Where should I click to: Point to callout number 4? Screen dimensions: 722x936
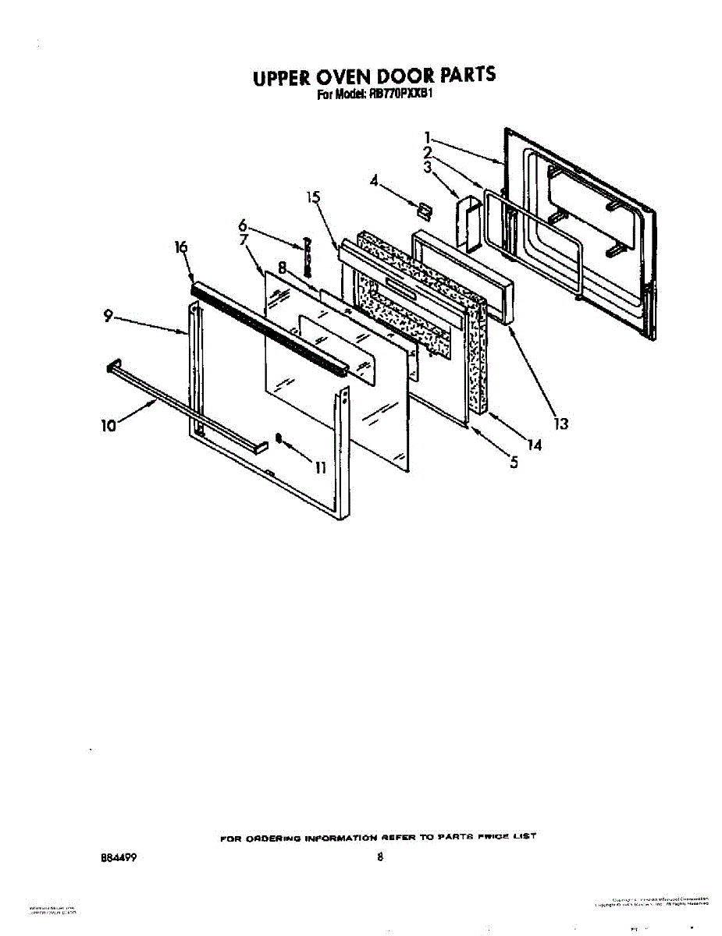(x=375, y=181)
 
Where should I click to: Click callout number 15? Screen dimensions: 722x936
(x=314, y=197)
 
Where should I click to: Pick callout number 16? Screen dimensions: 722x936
(x=181, y=247)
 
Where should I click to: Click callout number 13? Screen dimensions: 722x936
(x=560, y=424)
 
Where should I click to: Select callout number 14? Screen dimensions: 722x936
(x=535, y=445)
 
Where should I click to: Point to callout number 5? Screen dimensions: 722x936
(x=513, y=463)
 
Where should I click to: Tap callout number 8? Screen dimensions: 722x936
(x=282, y=266)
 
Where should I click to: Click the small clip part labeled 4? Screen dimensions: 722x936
(x=425, y=208)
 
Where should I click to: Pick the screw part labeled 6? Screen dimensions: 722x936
(x=308, y=256)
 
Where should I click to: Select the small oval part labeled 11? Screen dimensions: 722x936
(x=278, y=438)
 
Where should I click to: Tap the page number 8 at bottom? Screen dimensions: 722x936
(x=380, y=858)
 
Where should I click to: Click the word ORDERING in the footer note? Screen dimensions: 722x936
(x=269, y=837)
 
